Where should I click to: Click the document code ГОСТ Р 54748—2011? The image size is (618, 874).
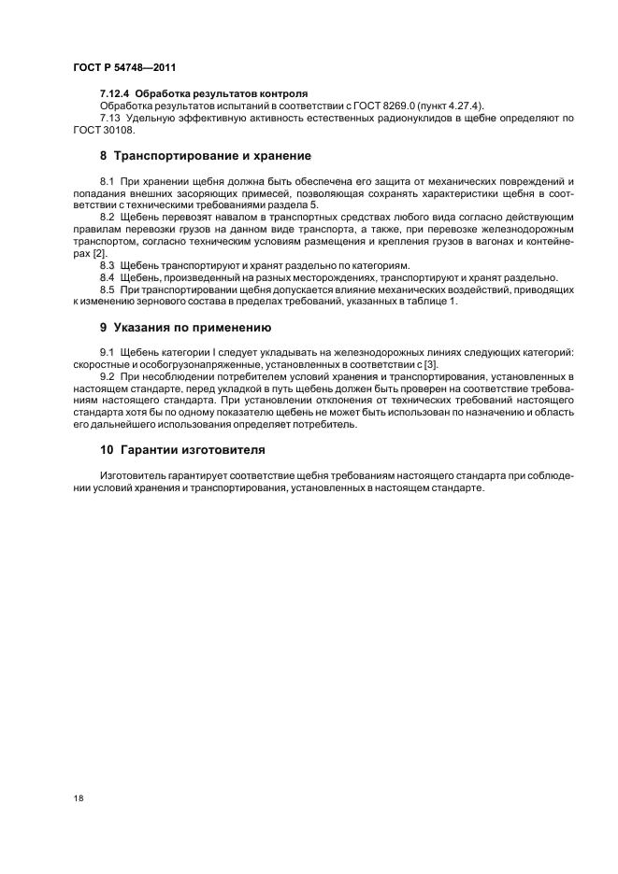pos(123,68)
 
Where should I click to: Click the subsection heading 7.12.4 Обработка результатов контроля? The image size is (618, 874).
pos(204,95)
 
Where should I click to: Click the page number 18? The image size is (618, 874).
pos(78,799)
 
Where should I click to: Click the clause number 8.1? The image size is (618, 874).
pos(108,180)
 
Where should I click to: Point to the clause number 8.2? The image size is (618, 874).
pos(108,217)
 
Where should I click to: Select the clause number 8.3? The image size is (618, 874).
pos(108,265)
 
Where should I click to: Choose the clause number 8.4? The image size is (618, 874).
pos(108,277)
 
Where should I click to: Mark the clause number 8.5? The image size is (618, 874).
pos(108,289)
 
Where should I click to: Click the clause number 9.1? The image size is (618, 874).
pos(108,352)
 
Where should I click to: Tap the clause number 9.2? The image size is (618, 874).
pos(108,376)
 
